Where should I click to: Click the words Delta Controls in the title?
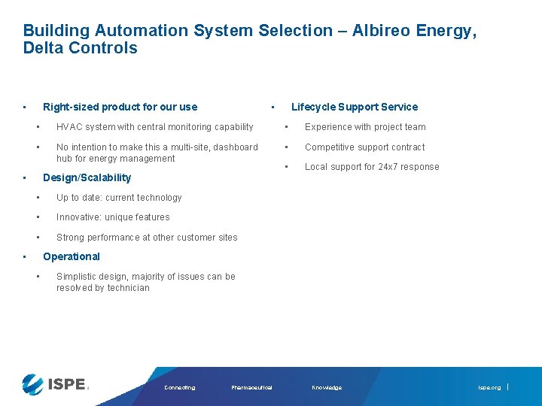pyautogui.click(x=81, y=48)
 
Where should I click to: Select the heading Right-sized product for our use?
pyautogui.click(x=120, y=107)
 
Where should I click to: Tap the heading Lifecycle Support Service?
pyautogui.click(x=354, y=107)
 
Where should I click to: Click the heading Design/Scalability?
pyautogui.click(x=87, y=177)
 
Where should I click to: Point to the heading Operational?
pyautogui.click(x=72, y=256)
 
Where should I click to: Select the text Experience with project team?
pyautogui.click(x=365, y=127)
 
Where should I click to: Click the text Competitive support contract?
pyautogui.click(x=364, y=147)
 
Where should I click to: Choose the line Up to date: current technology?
pyautogui.click(x=119, y=198)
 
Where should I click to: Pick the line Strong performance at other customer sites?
pyautogui.click(x=147, y=238)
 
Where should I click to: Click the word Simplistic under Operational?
pyautogui.click(x=77, y=277)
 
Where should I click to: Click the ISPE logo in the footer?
pyautogui.click(x=55, y=384)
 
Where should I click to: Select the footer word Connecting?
pyautogui.click(x=179, y=388)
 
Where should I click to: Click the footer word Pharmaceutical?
pyautogui.click(x=251, y=388)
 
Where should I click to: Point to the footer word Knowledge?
pyautogui.click(x=327, y=388)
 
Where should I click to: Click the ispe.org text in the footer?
pyautogui.click(x=489, y=388)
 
